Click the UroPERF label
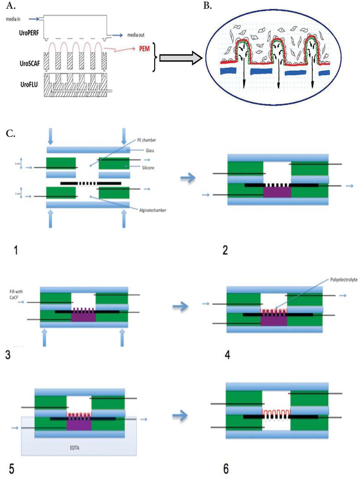click(29, 32)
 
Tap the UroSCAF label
click(29, 64)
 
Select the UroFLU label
click(29, 84)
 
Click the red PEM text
click(144, 49)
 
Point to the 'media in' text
click(13, 19)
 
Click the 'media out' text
click(136, 35)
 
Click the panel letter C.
click(11, 134)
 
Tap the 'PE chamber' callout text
click(146, 140)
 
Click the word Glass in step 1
click(150, 151)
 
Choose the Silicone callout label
click(148, 168)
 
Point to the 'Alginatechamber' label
click(153, 210)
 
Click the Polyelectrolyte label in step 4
click(344, 280)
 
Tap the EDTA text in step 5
click(74, 448)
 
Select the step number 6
click(226, 469)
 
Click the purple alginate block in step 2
click(277, 192)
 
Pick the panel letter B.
click(207, 6)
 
